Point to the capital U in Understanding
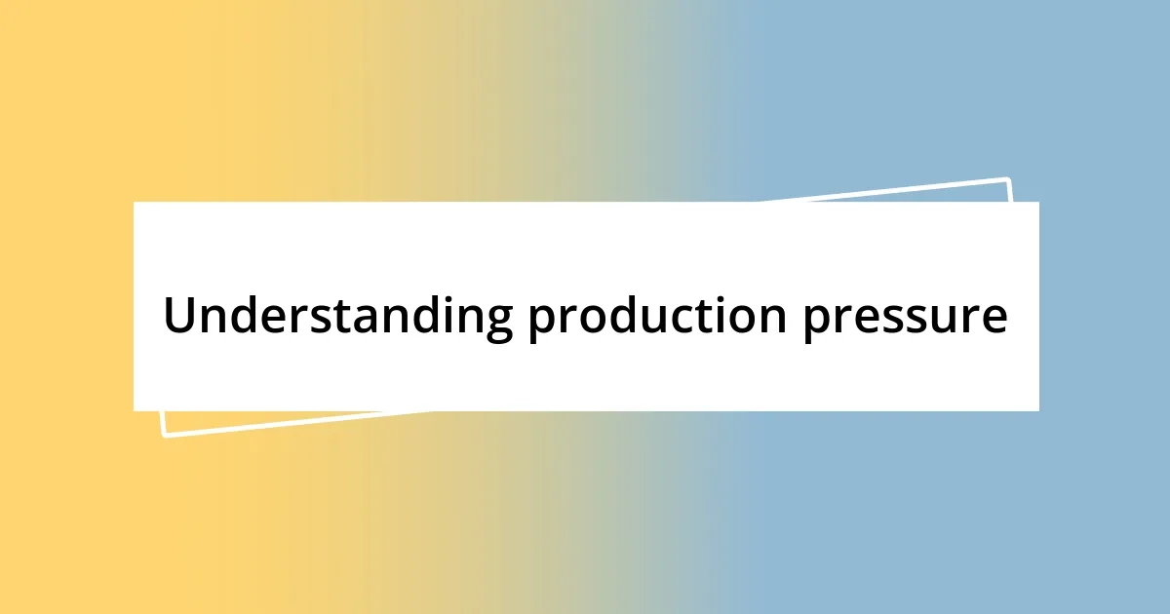click(179, 315)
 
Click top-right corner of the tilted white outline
click(1007, 179)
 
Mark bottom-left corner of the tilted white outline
click(164, 435)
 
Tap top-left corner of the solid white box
click(135, 203)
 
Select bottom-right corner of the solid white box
click(1037, 409)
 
